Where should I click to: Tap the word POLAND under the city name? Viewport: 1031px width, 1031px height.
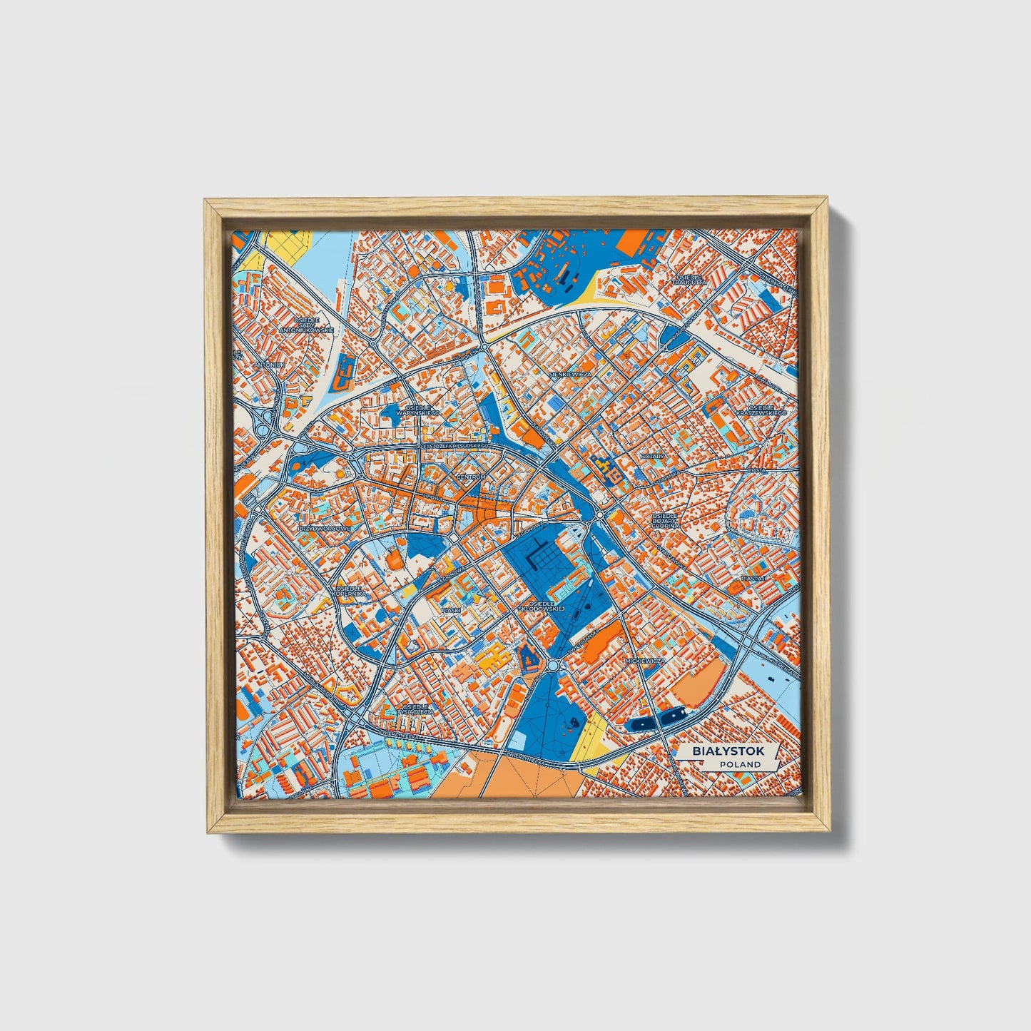point(740,764)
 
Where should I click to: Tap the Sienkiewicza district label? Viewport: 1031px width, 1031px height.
point(571,373)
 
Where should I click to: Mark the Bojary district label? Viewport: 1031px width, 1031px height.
point(652,455)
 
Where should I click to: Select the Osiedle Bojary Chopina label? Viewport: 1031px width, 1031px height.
point(665,520)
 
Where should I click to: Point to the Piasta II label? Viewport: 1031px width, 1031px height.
point(753,577)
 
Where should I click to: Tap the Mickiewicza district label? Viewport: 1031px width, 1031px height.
point(644,661)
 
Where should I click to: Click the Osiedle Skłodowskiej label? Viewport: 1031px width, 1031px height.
point(542,606)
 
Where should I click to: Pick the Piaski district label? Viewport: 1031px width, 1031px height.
point(451,610)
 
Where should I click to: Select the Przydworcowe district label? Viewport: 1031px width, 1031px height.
point(325,529)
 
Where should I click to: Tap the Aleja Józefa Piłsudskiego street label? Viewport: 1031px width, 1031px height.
point(457,446)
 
